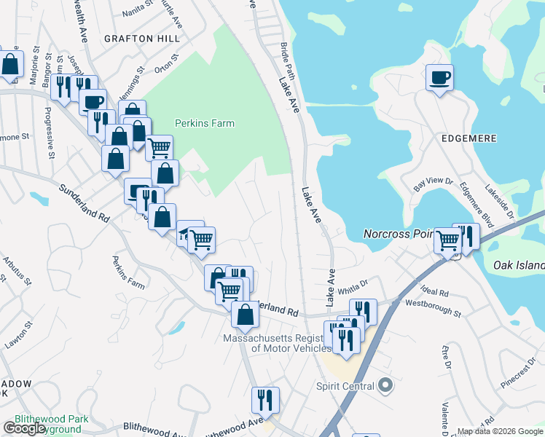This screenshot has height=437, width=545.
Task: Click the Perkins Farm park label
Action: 205,123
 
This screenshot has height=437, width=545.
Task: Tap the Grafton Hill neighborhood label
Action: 138,38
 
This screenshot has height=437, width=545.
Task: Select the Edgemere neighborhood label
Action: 468,138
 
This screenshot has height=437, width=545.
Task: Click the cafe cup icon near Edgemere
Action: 440,77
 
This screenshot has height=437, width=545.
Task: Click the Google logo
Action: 23,428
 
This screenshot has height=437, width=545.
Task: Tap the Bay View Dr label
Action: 434,185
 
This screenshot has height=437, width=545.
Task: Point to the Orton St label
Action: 166,63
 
